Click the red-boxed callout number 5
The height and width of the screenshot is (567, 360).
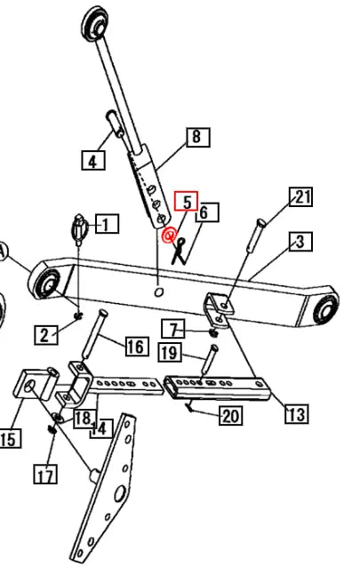[187, 201]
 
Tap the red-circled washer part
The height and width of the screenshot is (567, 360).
[169, 236]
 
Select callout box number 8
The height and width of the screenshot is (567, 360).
[198, 137]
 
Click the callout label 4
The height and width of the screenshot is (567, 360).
[93, 160]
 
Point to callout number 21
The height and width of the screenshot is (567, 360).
[301, 196]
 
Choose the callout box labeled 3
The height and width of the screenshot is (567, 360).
[300, 242]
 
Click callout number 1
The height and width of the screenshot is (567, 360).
[107, 224]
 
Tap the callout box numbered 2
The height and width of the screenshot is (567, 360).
[46, 335]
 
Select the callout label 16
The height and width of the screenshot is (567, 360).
[137, 346]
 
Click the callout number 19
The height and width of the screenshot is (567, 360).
[170, 352]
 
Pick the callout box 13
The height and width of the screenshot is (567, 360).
[297, 413]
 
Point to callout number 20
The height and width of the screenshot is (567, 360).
[231, 415]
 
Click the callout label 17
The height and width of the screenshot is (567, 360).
[45, 474]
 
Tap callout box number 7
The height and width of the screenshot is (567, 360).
[173, 329]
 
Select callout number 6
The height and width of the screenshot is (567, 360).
[207, 212]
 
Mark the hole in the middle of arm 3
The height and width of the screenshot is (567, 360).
[158, 291]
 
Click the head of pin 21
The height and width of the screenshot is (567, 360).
[261, 222]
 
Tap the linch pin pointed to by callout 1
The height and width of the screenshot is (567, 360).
[79, 229]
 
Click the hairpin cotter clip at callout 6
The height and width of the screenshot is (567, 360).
[179, 251]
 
